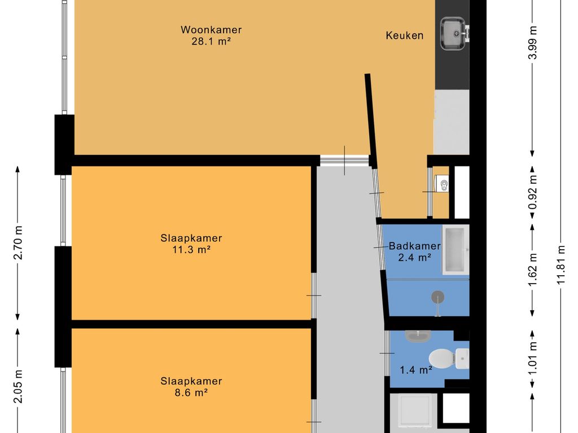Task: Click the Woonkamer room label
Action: [x=211, y=30]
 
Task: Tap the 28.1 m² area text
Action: [x=211, y=41]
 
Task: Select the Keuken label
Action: [x=404, y=36]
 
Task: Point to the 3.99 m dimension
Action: [x=532, y=43]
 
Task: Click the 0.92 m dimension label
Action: [x=532, y=192]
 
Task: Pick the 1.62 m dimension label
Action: [x=532, y=269]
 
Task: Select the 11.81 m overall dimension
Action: [x=561, y=264]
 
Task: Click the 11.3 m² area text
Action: [x=191, y=250]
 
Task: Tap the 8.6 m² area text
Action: [x=191, y=392]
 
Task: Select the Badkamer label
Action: [x=415, y=246]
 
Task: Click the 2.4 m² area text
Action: [x=415, y=257]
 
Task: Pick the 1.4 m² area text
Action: [x=416, y=370]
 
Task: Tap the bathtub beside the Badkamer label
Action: [x=456, y=250]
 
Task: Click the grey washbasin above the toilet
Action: [x=418, y=336]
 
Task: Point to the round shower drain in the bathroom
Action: [x=438, y=297]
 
